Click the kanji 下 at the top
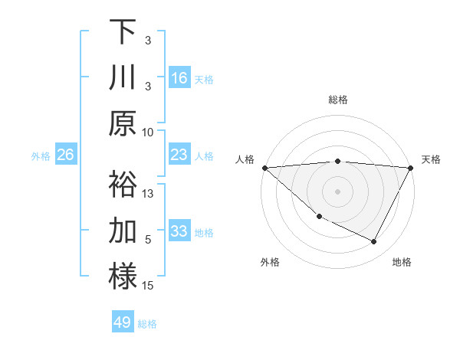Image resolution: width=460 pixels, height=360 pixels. pos(123,31)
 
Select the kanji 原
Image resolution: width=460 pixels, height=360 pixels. pos(123,123)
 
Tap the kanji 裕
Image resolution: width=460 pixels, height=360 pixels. pos(123,185)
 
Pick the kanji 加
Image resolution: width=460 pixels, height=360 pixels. pos(123,231)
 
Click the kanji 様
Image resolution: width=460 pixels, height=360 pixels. pos(123,277)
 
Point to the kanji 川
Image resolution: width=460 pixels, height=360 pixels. pos(123,77)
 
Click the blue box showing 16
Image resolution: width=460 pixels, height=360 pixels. pos(179,78)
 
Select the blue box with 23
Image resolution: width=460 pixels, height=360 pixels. pos(179,155)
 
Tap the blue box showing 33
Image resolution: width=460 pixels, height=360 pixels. pos(179,231)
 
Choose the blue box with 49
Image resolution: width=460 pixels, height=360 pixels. pos(123,322)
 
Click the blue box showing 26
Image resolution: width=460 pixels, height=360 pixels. pos(66,155)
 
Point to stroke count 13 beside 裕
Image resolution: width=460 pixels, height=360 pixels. pos(149,193)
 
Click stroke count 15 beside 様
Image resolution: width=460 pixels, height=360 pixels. pos(149,286)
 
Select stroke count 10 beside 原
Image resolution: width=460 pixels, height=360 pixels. pos(149,132)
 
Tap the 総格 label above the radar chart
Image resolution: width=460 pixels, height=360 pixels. pos(338,100)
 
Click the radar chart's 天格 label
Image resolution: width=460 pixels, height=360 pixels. pos(432,159)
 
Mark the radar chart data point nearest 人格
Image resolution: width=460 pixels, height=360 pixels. pos(264,167)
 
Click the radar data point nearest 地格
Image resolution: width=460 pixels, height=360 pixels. pos(374,242)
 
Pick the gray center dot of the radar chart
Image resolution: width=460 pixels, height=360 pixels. pos(337,191)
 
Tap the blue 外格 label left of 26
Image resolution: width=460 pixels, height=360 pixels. pos(41,156)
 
